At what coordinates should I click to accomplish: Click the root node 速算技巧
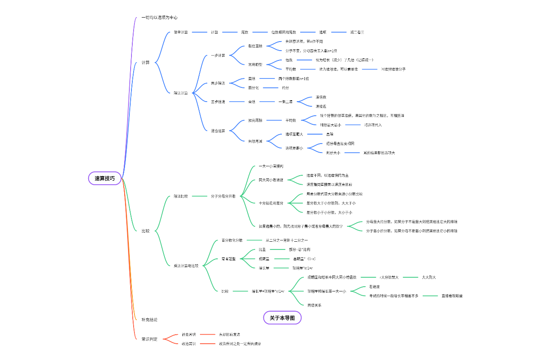coord(105,178)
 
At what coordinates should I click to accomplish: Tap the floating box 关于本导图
coord(282,318)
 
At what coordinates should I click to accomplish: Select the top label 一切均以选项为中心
coord(159,18)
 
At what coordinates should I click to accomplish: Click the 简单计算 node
coord(181,32)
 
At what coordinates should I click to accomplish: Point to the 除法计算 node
coord(181,93)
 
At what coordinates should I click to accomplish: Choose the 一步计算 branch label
coord(218,55)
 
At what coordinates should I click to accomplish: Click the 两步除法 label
coord(218,83)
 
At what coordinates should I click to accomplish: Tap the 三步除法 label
coord(218,102)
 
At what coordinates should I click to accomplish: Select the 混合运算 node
coord(218,130)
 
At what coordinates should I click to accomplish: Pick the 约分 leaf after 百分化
coord(285,88)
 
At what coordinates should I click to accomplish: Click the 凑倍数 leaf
coord(321,97)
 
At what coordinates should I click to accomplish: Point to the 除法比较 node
coord(181,196)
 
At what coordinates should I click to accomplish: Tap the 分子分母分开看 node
coord(223,196)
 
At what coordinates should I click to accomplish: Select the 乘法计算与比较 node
coord(186,266)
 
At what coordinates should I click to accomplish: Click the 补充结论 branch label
coord(149,320)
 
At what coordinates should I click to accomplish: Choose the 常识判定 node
coord(149,339)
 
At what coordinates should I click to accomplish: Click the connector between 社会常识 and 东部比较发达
coord(208,334)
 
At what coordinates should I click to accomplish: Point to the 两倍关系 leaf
coord(314,305)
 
